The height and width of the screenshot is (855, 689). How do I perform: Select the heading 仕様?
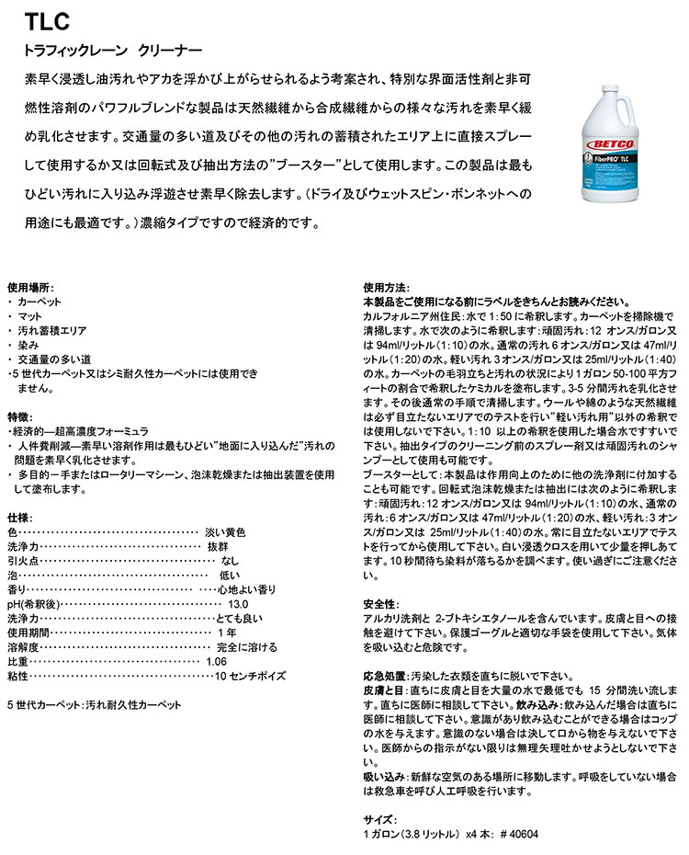(20, 519)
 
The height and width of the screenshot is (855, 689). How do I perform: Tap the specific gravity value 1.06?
(216, 661)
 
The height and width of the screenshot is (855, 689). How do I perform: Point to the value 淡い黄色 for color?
(228, 532)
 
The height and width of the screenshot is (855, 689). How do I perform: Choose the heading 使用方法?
(386, 287)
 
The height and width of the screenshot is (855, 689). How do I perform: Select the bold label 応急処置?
(386, 675)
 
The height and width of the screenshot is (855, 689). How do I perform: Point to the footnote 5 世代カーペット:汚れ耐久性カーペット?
(94, 704)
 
